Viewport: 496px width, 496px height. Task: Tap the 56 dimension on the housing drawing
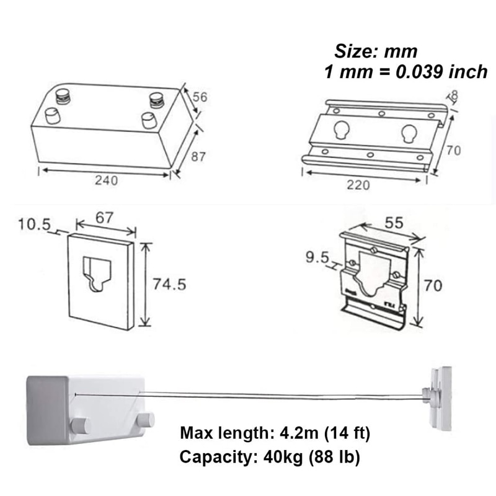click(200, 97)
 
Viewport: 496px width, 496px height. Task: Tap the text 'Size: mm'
click(376, 51)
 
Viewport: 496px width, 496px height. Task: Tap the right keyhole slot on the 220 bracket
click(409, 133)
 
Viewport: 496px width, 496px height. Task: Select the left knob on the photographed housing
click(80, 426)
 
